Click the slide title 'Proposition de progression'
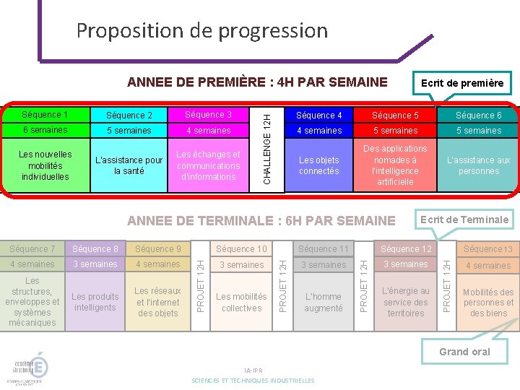click(201, 31)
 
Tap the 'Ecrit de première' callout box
click(461, 83)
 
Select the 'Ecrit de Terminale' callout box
click(464, 220)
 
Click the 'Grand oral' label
click(464, 352)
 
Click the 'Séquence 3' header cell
click(209, 115)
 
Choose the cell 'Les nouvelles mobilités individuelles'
click(45, 165)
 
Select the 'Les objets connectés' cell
click(318, 165)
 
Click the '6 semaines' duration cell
click(45, 130)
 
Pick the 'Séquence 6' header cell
click(478, 116)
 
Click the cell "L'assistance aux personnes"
click(478, 165)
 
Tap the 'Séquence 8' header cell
click(95, 249)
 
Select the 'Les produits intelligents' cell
click(95, 302)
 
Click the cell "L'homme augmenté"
click(323, 302)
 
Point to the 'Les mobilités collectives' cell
click(241, 302)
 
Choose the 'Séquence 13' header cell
click(488, 249)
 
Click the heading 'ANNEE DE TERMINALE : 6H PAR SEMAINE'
click(261, 220)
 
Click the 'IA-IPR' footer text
click(253, 370)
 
